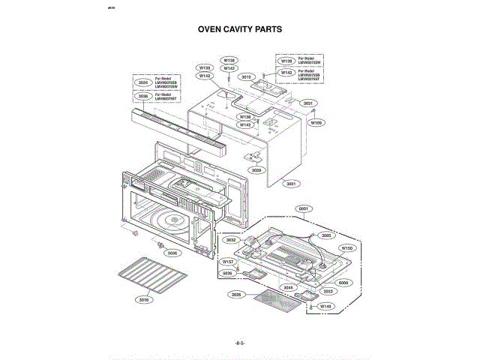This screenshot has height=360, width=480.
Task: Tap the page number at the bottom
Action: point(240,341)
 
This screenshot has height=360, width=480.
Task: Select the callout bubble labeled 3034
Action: point(142,82)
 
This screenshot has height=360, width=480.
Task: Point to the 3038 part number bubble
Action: point(142,97)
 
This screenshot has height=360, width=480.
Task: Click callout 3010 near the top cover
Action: point(247,76)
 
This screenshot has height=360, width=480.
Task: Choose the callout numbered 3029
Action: point(256,170)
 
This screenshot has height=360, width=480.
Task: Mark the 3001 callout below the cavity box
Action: point(290,183)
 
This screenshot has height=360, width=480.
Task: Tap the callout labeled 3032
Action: point(232,240)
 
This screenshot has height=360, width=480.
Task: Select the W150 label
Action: point(346,247)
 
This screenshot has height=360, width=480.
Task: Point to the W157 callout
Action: point(228,261)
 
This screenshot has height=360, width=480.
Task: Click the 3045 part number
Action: point(289,287)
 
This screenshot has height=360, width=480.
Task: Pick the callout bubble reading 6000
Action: point(343,283)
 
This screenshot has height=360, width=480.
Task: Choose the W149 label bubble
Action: point(325,307)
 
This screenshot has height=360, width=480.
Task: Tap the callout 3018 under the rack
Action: point(144,300)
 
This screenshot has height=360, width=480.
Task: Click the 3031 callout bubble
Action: point(307,103)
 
